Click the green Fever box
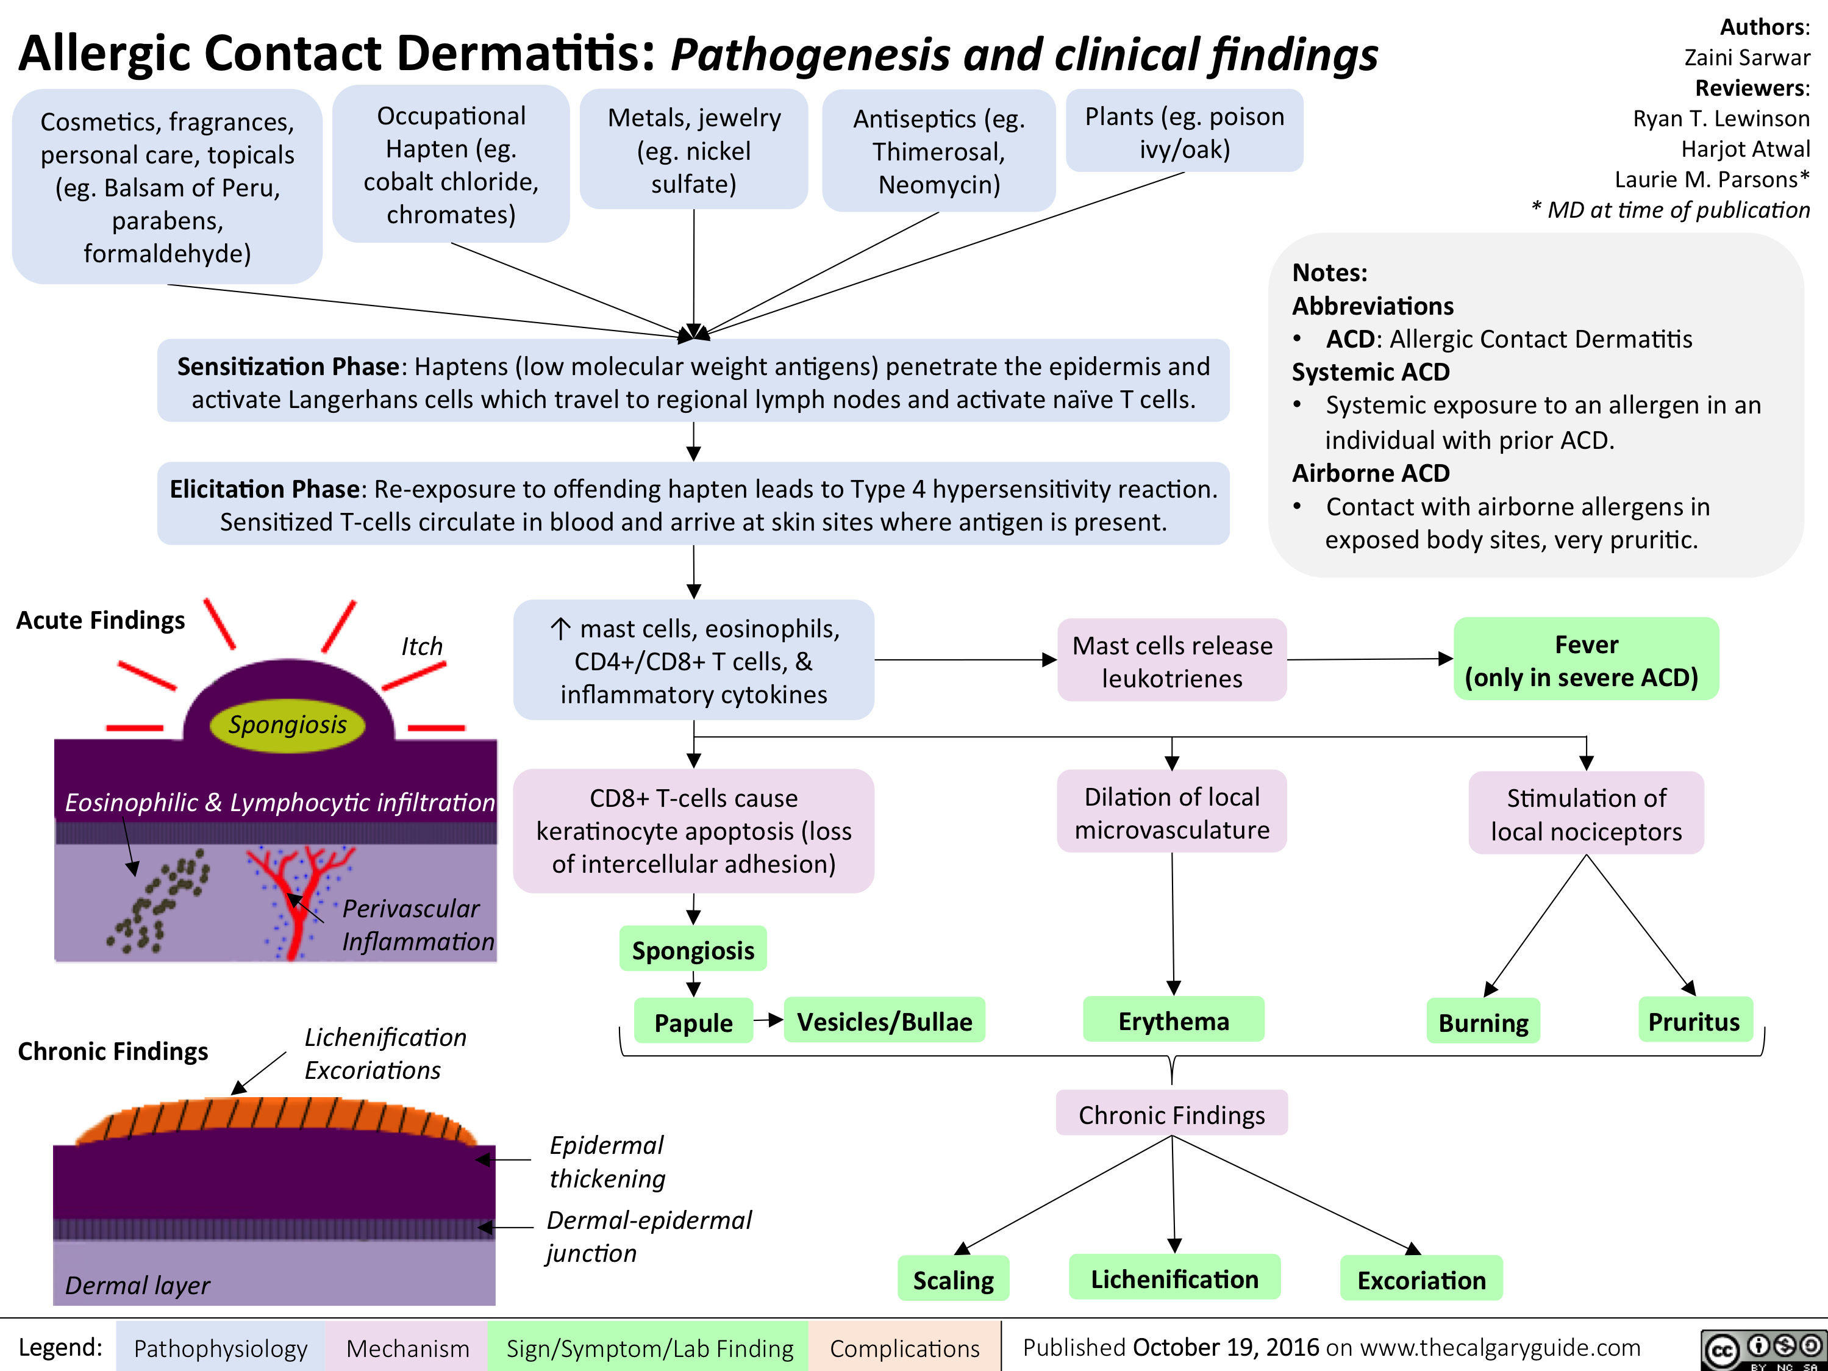tap(1585, 659)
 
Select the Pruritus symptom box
tap(1694, 1022)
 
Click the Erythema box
tap(1174, 1020)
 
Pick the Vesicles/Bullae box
tap(884, 1022)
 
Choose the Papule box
tap(693, 1022)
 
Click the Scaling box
tap(954, 1280)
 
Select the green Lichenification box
tap(1174, 1278)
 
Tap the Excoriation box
tap(1421, 1280)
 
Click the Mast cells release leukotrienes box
tap(1172, 661)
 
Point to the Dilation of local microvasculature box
tap(1172, 812)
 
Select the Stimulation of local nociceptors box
tap(1586, 814)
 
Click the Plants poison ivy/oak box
tap(1184, 132)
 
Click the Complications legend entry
tap(904, 1348)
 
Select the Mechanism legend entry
tap(407, 1348)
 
